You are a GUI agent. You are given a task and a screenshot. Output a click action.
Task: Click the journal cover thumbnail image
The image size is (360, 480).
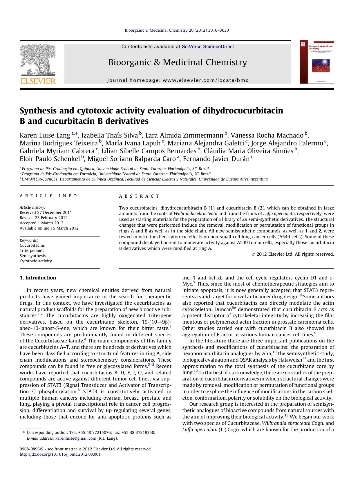coord(317,62)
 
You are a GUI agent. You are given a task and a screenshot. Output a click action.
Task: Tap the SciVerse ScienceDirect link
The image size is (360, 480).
coord(208,46)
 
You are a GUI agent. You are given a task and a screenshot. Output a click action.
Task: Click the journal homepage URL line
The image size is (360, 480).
coord(178,80)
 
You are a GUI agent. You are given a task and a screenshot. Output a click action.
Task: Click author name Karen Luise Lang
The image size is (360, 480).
coord(45,135)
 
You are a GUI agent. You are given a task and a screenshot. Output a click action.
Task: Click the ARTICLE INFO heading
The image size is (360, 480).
coord(48,196)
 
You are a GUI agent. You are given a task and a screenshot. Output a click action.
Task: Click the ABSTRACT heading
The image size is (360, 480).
coord(139,196)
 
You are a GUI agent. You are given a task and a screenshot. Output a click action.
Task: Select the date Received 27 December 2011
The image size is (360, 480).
coord(46,212)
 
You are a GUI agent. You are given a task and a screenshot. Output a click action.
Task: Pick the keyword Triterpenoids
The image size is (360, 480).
coord(32,250)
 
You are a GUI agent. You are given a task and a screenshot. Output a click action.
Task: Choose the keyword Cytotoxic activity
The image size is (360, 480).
coord(36,261)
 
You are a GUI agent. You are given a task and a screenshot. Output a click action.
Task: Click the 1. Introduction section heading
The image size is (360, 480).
coord(38,278)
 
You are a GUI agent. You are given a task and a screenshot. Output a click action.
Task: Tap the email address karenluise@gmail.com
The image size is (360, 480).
coord(76,438)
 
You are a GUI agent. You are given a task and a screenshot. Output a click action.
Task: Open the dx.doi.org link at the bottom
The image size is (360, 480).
coord(60,454)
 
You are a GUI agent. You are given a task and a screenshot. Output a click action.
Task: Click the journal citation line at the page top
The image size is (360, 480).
coord(177,30)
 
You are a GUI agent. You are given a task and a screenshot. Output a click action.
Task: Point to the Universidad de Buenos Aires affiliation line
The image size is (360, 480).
coord(144,179)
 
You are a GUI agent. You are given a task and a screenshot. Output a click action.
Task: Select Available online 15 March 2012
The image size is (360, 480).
coord(49,228)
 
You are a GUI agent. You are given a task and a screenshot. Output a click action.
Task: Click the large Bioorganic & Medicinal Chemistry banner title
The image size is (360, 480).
coord(178,62)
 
